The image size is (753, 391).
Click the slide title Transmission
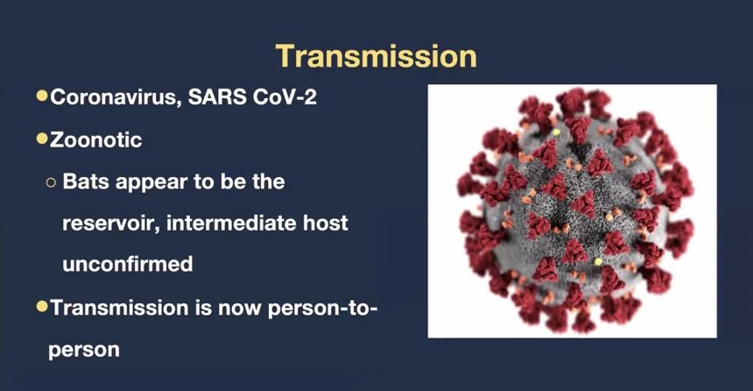[x=376, y=56]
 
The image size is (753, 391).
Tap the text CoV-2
[x=285, y=97]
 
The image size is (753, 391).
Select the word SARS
[x=217, y=97]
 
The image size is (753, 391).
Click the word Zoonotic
[x=96, y=140]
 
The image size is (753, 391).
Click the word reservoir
[x=111, y=224]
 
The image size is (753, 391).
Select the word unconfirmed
[x=128, y=264]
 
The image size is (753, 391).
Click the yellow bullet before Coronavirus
[x=42, y=96]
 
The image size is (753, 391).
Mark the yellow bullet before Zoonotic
[x=42, y=139]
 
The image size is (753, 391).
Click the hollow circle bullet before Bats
[x=51, y=182]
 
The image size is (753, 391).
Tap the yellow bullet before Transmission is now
[x=42, y=306]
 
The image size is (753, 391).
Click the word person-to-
[x=323, y=309]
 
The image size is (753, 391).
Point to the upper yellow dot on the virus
[x=557, y=132]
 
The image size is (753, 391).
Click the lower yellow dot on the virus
[x=598, y=261]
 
